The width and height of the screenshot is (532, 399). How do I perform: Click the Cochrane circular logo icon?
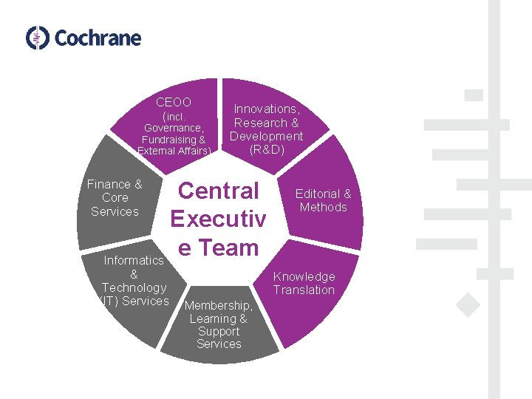[38, 38]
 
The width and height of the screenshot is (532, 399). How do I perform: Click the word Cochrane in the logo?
[98, 38]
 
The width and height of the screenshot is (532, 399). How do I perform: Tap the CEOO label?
[174, 102]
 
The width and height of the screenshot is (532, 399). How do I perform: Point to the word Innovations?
[266, 109]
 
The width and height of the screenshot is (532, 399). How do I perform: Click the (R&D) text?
[267, 149]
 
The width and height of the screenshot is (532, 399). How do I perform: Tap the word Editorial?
[319, 194]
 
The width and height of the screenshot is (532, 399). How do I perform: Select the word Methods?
[323, 207]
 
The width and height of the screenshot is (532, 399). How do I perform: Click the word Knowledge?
[304, 276]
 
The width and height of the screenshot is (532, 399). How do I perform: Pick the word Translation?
[304, 290]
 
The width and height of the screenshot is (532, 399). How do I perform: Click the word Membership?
[219, 305]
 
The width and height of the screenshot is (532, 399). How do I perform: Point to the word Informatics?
[134, 260]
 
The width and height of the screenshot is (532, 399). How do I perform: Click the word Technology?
[134, 287]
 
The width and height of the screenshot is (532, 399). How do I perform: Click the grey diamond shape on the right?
[467, 304]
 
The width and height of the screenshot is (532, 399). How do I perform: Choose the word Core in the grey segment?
[115, 198]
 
